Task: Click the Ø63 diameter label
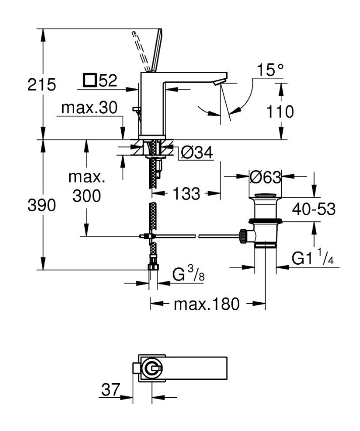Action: coord(265,177)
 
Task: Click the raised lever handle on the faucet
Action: coord(155,50)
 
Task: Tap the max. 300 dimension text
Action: coord(86,187)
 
